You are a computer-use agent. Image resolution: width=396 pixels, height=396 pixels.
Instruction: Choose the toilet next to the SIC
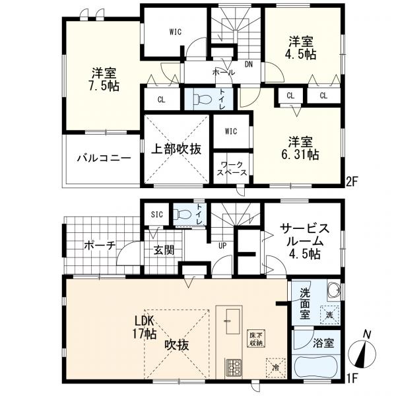tap(181, 214)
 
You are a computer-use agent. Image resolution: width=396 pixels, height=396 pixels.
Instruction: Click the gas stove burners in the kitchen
tap(234, 366)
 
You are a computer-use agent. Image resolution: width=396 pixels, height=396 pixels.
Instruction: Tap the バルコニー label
tap(102, 158)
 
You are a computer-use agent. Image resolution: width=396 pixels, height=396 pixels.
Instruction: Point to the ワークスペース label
tap(232, 167)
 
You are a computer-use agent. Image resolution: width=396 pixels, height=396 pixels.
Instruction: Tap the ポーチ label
tap(100, 245)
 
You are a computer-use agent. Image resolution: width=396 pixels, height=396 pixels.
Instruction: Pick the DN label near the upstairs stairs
tap(249, 64)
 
